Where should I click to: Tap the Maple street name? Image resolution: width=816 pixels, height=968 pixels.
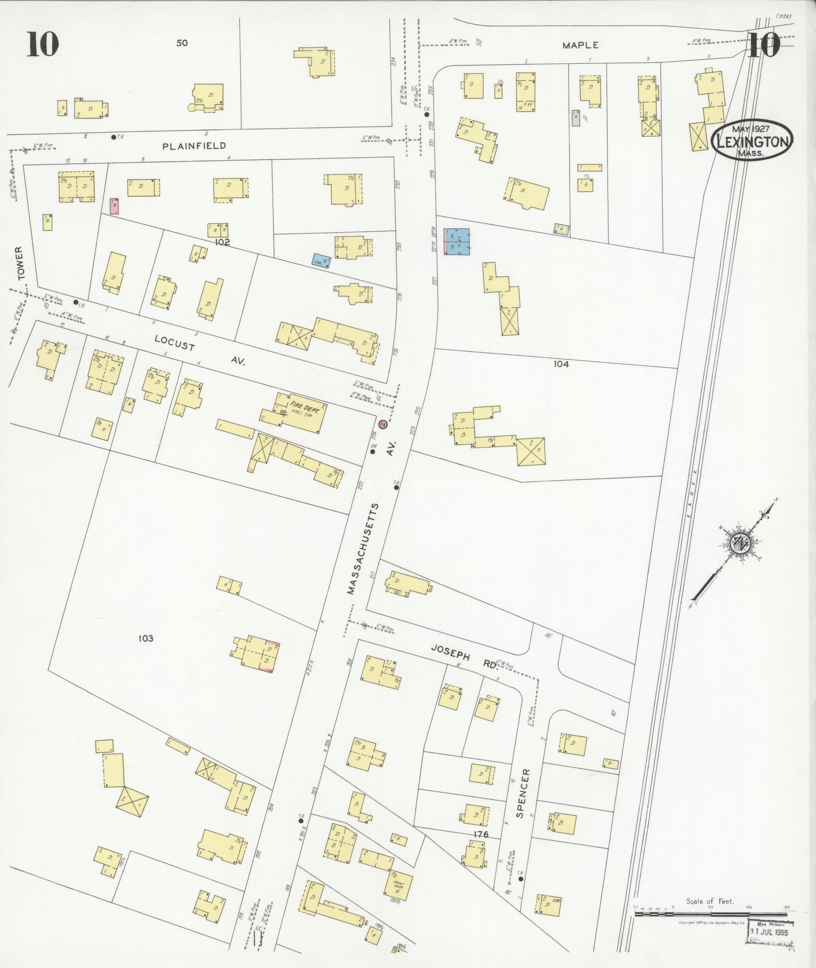point(580,45)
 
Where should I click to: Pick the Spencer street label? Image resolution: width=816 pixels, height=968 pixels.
point(523,801)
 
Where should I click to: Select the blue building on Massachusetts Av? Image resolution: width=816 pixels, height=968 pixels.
point(457,241)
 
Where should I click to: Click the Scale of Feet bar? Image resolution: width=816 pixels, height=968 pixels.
point(711,914)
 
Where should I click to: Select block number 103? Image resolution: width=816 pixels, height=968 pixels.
point(145,639)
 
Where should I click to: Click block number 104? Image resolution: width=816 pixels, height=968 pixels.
point(561,363)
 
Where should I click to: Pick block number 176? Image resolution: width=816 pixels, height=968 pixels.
point(481,834)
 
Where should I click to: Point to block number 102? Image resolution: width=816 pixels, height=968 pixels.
point(222,242)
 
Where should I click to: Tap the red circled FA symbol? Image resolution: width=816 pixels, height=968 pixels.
point(382,424)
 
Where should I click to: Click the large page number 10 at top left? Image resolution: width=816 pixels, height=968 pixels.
point(43,44)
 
